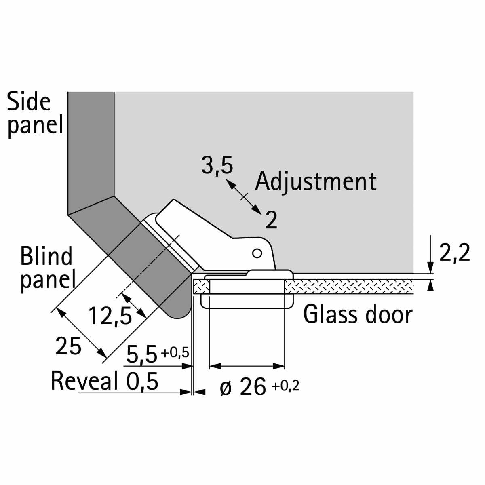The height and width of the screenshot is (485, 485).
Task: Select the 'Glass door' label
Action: tap(358, 314)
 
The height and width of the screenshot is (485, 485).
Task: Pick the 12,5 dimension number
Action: tap(110, 316)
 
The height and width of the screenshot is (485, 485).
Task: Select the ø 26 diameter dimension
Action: tap(242, 388)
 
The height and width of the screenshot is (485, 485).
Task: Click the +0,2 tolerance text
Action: tap(285, 386)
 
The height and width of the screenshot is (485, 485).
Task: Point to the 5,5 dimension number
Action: tap(142, 355)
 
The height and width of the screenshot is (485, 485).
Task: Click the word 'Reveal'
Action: tap(84, 381)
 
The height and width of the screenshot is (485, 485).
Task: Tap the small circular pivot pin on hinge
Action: tap(257, 253)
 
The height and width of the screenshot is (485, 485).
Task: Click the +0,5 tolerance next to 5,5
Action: tap(175, 353)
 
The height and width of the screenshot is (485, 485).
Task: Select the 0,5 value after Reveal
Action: tap(142, 381)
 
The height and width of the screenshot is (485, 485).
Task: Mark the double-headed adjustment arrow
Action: tap(244, 196)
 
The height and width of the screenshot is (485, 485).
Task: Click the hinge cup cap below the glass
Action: tap(247, 301)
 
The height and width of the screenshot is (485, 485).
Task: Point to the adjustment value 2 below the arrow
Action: tap(271, 220)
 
